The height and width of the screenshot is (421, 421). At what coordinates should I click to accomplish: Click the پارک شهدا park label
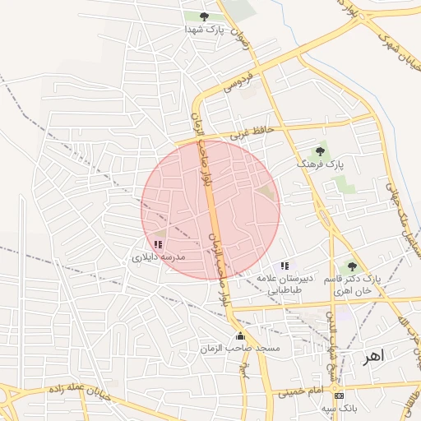204,30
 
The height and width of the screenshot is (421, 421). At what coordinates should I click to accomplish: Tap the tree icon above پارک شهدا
204,16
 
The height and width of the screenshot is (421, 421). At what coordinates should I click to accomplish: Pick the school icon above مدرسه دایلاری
158,244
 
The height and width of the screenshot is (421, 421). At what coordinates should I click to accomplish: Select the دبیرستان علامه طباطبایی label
285,284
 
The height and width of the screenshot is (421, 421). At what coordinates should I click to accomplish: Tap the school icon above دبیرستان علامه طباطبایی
285,266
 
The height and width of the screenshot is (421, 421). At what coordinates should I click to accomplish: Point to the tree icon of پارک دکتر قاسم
352,266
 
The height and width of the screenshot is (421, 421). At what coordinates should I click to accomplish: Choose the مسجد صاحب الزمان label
240,349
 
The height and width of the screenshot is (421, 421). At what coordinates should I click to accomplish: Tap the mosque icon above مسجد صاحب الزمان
240,335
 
